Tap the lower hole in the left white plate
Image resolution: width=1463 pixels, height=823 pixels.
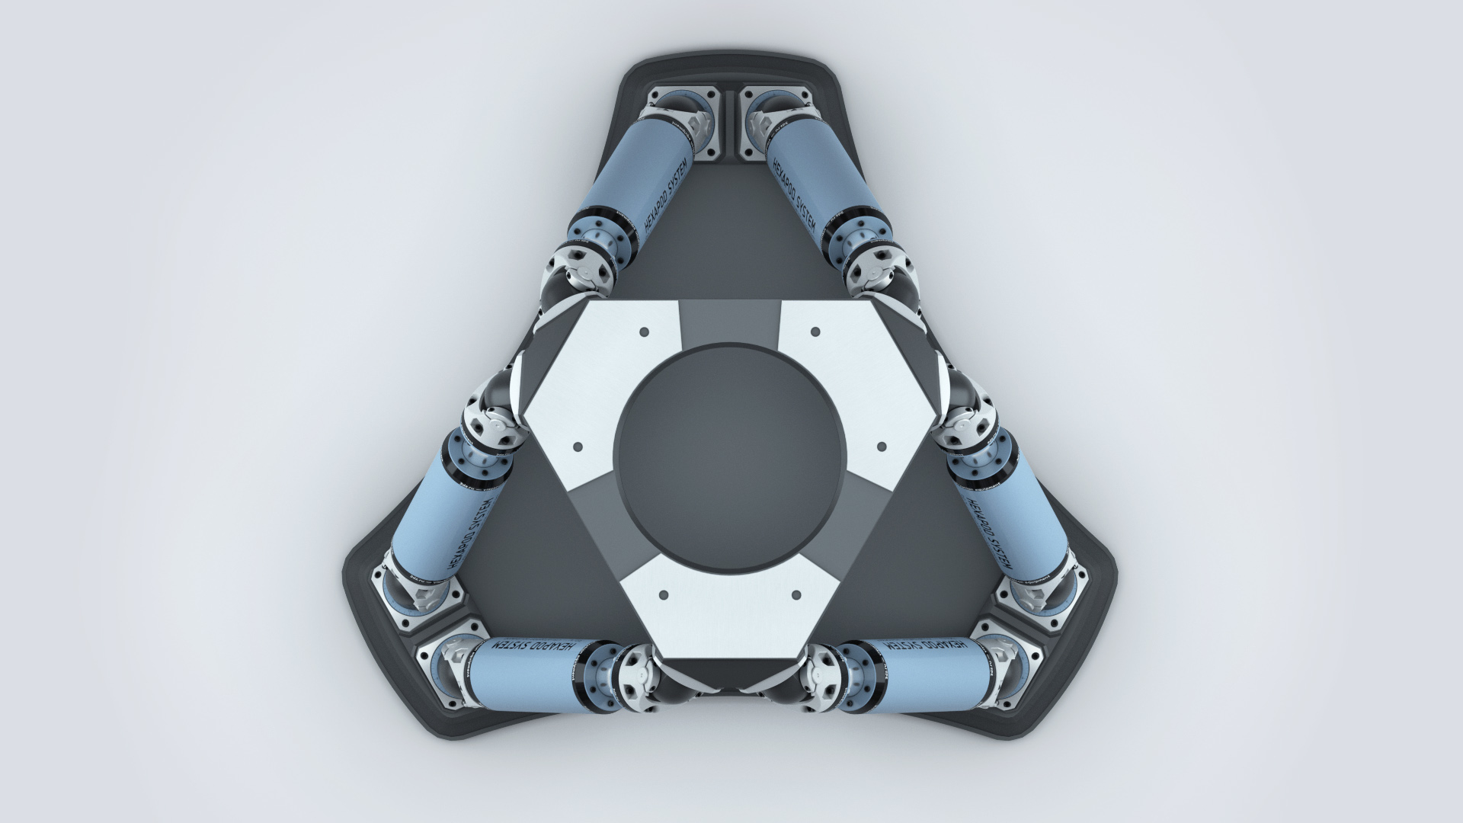point(578,446)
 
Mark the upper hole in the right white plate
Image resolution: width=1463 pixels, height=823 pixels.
point(815,331)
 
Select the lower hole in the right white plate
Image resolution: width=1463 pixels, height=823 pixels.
point(882,446)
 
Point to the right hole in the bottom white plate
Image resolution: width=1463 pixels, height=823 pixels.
point(796,594)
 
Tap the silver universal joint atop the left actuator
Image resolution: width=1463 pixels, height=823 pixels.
point(495,424)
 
